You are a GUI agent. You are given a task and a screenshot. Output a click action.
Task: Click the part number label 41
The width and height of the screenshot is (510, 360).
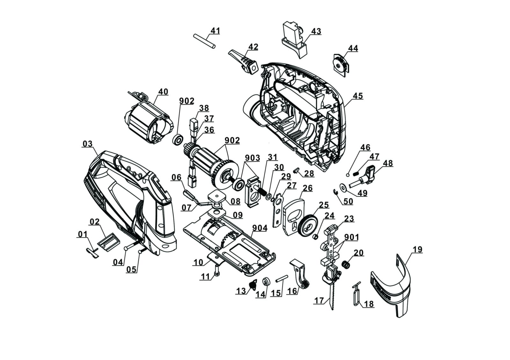(215, 31)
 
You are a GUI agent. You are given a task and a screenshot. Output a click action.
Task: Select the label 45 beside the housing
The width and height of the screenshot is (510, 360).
(358, 96)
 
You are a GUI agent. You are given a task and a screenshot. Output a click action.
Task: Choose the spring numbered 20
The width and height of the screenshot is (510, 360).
(345, 264)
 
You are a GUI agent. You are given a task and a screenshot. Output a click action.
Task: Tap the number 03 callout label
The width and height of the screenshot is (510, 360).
(87, 144)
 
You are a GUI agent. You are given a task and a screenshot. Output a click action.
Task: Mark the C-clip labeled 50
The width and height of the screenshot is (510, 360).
(335, 192)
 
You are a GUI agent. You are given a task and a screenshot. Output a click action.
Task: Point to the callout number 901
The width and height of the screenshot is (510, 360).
(352, 237)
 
